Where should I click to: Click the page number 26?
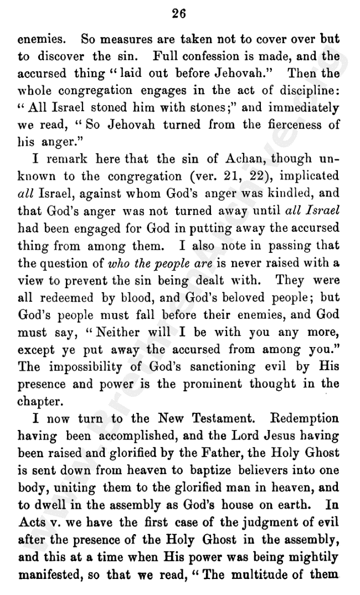point(178,14)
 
